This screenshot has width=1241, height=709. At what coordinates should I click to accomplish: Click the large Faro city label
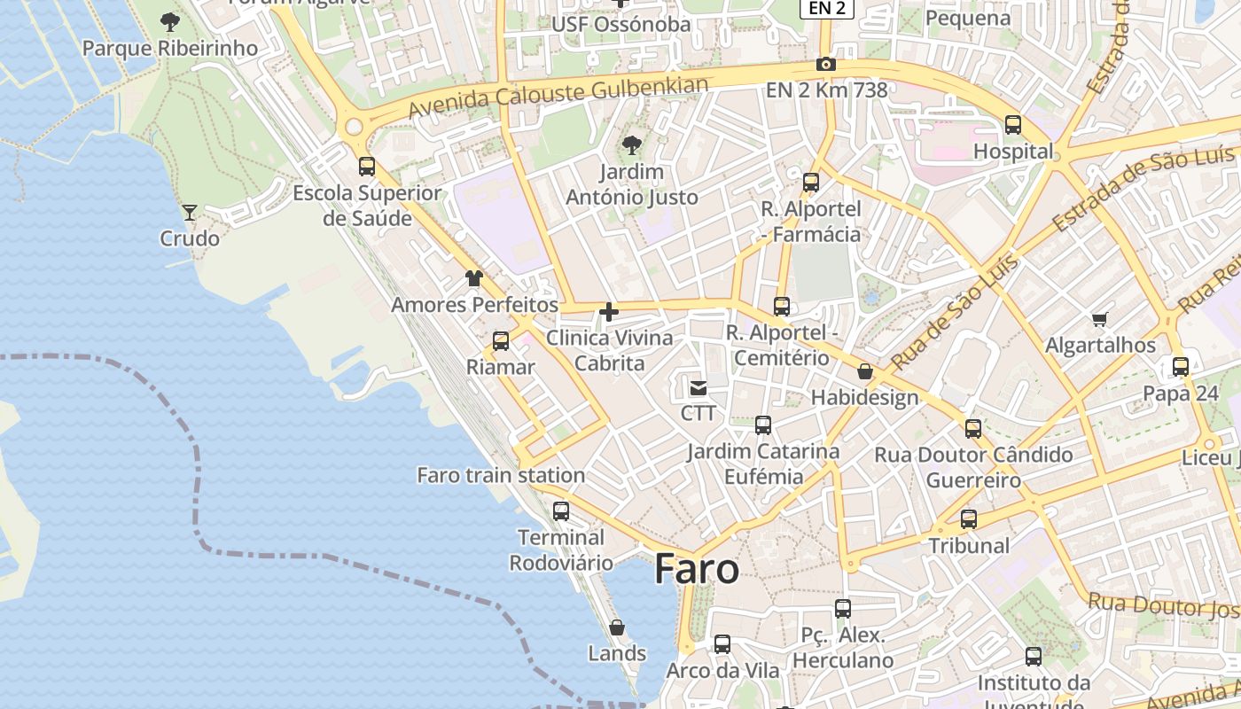click(697, 569)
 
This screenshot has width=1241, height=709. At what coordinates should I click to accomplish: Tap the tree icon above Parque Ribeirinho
click(169, 22)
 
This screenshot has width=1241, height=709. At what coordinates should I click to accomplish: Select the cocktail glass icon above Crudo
click(189, 212)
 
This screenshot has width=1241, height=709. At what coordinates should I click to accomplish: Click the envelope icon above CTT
click(699, 387)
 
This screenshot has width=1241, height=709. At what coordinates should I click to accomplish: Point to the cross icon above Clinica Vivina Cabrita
click(609, 311)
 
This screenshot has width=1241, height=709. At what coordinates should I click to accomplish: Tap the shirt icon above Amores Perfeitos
click(474, 278)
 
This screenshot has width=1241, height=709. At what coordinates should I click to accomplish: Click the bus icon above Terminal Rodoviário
click(561, 510)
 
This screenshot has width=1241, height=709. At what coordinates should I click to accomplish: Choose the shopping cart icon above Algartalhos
click(1100, 319)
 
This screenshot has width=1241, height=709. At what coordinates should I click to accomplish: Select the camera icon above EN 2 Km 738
click(826, 64)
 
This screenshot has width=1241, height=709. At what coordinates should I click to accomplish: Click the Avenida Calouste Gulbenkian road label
click(558, 97)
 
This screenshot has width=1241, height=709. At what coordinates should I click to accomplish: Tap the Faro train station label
click(501, 475)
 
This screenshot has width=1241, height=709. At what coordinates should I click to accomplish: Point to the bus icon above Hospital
click(1013, 125)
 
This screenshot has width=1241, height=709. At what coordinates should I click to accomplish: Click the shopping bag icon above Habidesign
click(865, 371)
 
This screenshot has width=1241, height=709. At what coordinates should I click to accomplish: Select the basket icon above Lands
click(617, 627)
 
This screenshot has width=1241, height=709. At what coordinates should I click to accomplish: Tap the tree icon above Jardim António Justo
click(632, 144)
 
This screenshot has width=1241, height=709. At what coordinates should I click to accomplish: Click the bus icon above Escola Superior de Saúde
click(367, 166)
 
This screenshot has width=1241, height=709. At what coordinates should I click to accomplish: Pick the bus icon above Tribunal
click(969, 519)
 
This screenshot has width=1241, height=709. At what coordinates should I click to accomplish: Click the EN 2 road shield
click(827, 8)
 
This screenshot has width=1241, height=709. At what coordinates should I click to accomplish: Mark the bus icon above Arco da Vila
click(722, 644)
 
